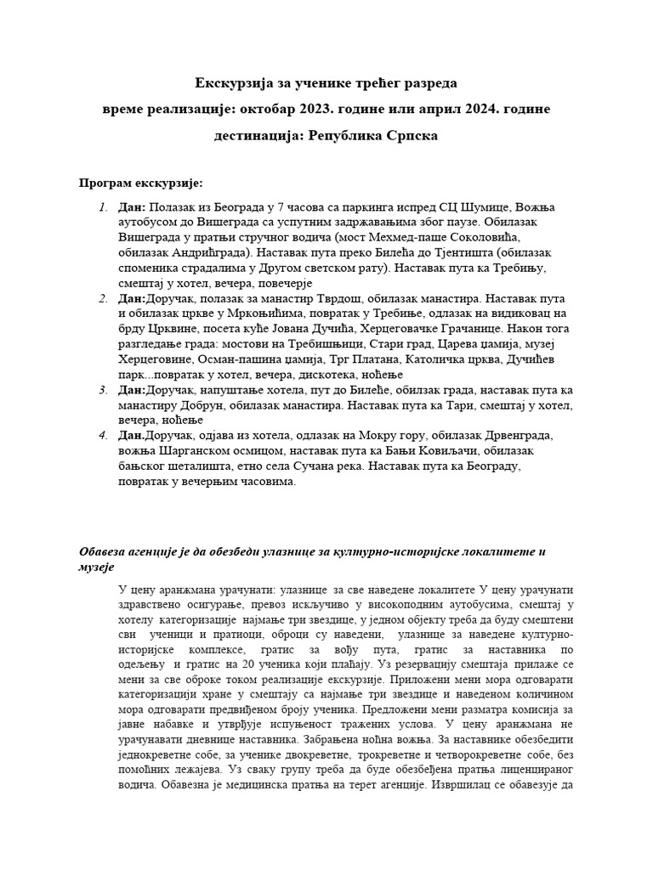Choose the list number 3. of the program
[102, 389]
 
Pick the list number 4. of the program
[102, 435]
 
